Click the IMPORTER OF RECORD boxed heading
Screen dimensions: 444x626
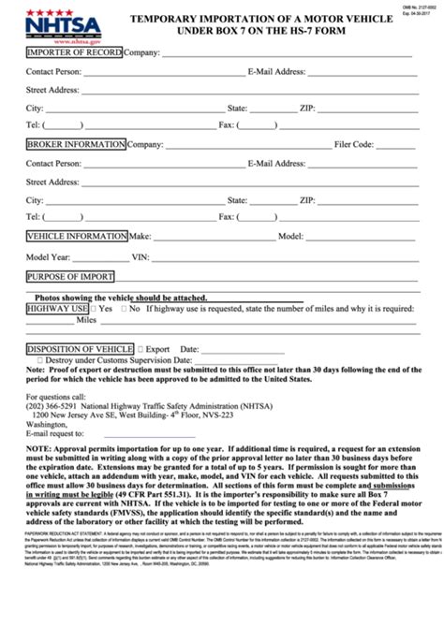pyautogui.click(x=74, y=52)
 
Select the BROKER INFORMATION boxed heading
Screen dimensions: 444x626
pyautogui.click(x=75, y=144)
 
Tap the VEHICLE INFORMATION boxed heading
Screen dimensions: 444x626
pyautogui.click(x=76, y=236)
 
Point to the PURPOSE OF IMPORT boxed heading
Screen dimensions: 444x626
pyautogui.click(x=69, y=277)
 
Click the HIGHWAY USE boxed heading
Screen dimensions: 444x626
pyautogui.click(x=57, y=307)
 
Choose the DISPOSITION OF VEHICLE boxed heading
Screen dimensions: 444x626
pyautogui.click(x=80, y=348)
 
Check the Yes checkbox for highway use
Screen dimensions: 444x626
pyautogui.click(x=95, y=307)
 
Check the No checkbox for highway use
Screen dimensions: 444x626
pyautogui.click(x=123, y=307)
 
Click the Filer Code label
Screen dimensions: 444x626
pyautogui.click(x=354, y=145)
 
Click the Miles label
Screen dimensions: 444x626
pyautogui.click(x=86, y=319)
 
